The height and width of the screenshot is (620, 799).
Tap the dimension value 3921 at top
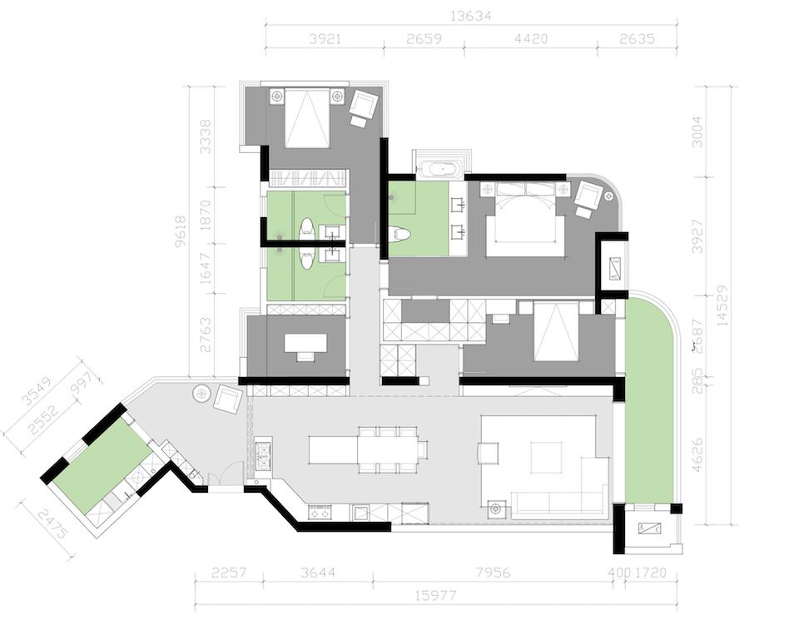pyautogui.click(x=325, y=38)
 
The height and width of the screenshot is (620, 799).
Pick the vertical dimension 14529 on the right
pyautogui.click(x=722, y=305)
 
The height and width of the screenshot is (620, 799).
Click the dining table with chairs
pyautogui.click(x=387, y=449)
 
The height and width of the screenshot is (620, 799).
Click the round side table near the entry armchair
pyautogui.click(x=202, y=392)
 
